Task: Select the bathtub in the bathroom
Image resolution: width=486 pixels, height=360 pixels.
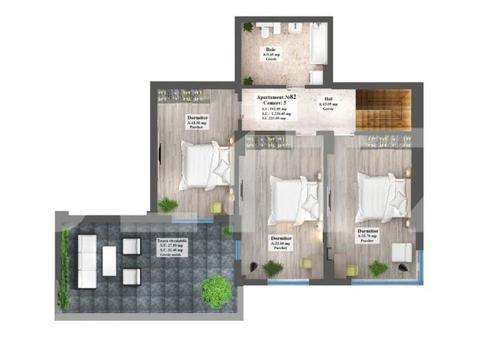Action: pyautogui.click(x=319, y=42)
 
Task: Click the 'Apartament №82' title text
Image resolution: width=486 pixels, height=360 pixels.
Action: pyautogui.click(x=277, y=98)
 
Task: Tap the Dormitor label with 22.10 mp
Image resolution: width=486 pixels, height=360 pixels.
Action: pyautogui.click(x=280, y=243)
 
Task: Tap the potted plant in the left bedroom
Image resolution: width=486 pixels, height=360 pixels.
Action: pyautogui.click(x=169, y=204)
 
